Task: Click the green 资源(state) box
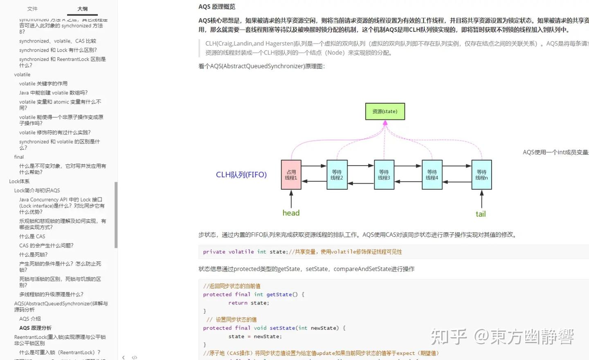pyautogui.click(x=385, y=111)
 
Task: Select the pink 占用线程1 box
pyautogui.click(x=291, y=175)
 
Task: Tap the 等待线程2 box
pyautogui.click(x=337, y=175)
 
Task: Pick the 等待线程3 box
pyautogui.click(x=384, y=175)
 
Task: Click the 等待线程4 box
pyautogui.click(x=432, y=175)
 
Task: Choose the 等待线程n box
pyautogui.click(x=481, y=175)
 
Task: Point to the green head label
pyautogui.click(x=291, y=213)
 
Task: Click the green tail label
pyautogui.click(x=481, y=214)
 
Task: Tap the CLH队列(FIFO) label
pyautogui.click(x=241, y=175)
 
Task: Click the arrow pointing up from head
pyautogui.click(x=291, y=199)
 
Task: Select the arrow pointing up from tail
pyautogui.click(x=481, y=199)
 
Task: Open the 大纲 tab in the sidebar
pyautogui.click(x=82, y=9)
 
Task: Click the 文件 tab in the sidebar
pyautogui.click(x=32, y=9)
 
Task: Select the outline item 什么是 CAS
pyautogui.click(x=32, y=236)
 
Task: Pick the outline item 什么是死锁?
pyautogui.click(x=34, y=254)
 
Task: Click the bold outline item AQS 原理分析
pyautogui.click(x=35, y=328)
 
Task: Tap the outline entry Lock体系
pyautogui.click(x=19, y=181)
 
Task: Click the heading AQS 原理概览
pyautogui.click(x=217, y=7)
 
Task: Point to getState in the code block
pyautogui.click(x=279, y=295)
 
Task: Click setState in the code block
pyautogui.click(x=282, y=328)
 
